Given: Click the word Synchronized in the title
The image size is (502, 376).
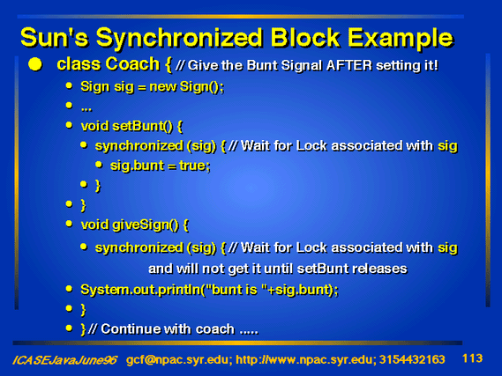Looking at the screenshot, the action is (x=180, y=39).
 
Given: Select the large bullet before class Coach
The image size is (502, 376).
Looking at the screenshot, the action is (x=35, y=64).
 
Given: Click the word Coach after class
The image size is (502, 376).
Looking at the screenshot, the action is (x=132, y=63).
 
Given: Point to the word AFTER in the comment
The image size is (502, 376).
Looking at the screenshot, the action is (x=349, y=65).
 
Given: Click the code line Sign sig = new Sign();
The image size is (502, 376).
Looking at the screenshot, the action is (x=152, y=86).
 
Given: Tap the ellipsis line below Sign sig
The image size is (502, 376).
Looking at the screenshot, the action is (x=86, y=109).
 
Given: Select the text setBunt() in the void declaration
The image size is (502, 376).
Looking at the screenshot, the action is (x=142, y=126).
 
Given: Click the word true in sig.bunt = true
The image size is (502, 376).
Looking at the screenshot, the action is (x=195, y=166).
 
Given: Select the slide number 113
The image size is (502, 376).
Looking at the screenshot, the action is (x=473, y=358).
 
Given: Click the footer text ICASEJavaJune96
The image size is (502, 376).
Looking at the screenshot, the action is (x=64, y=360).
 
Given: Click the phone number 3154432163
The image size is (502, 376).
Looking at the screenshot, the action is (x=412, y=360).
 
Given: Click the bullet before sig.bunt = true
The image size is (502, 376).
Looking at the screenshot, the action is (x=99, y=165).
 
